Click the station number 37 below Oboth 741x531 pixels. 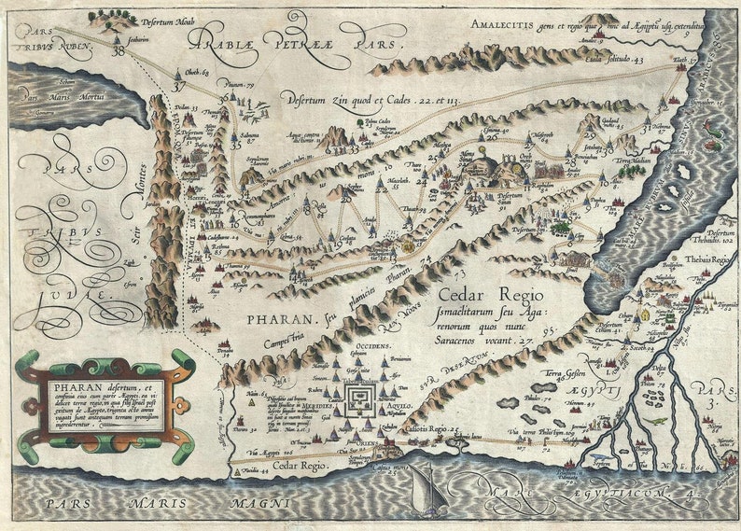179,87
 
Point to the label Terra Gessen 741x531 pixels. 556,377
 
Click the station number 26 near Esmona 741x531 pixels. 491,137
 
